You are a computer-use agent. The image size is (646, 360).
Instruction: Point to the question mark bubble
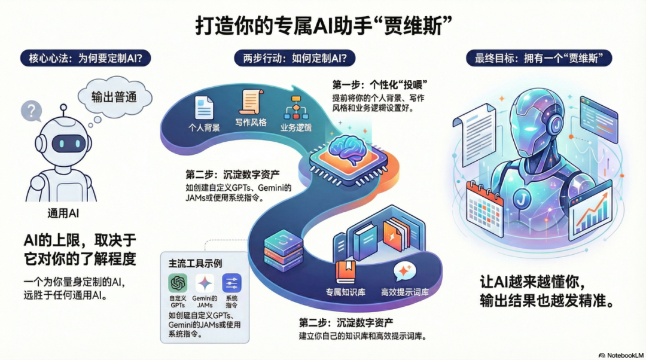coord(31,111)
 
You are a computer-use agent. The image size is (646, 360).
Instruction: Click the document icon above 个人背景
coord(203,107)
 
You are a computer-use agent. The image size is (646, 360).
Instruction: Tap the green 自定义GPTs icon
coord(178,283)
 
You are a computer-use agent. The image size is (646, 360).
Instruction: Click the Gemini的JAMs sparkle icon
coord(205,283)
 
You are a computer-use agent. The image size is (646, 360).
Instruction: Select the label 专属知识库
coord(345,292)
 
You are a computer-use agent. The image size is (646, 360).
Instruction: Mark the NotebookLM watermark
coord(620,354)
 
